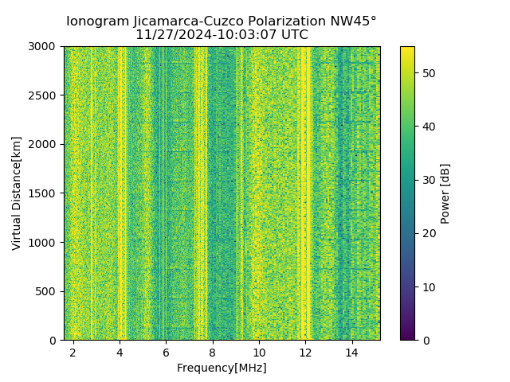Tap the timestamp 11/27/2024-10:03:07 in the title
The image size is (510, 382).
pyautogui.click(x=199, y=35)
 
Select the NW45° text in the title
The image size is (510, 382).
pyautogui.click(x=358, y=21)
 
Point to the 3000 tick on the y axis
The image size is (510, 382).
pyautogui.click(x=45, y=46)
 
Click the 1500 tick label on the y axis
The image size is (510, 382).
pyautogui.click(x=45, y=193)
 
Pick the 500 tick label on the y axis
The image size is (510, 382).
pyautogui.click(x=48, y=291)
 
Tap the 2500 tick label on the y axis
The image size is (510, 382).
pyautogui.click(x=45, y=95)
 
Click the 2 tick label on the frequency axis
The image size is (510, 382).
pyautogui.click(x=73, y=352)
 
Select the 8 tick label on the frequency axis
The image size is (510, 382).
pyautogui.click(x=213, y=352)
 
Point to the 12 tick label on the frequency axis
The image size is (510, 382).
pyautogui.click(x=305, y=352)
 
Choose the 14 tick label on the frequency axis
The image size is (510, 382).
pyautogui.click(x=351, y=352)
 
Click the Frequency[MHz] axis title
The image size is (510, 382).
pyautogui.click(x=222, y=368)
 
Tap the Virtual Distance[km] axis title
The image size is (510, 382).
pyautogui.click(x=17, y=193)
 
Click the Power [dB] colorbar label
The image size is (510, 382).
pyautogui.click(x=445, y=193)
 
